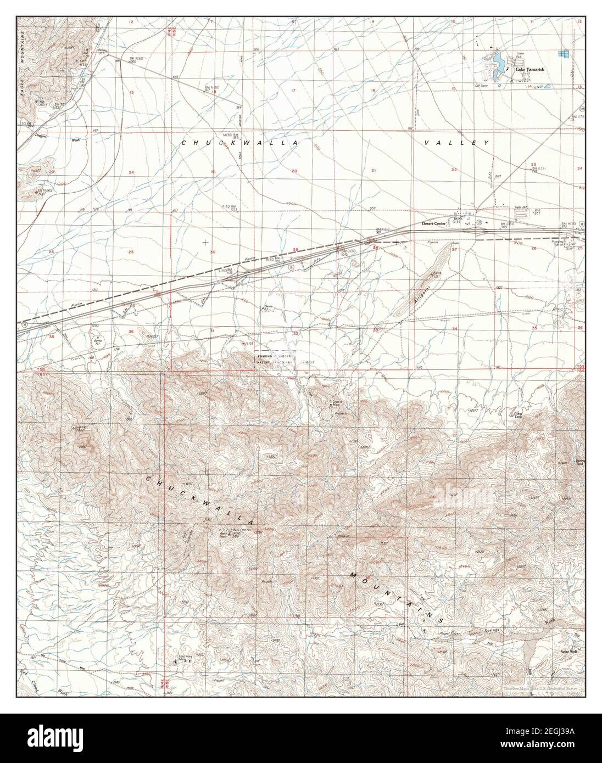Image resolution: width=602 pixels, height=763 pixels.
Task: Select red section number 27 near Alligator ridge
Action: pos(454,250)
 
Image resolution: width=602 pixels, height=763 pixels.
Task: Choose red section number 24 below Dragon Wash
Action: pos(131,173)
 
